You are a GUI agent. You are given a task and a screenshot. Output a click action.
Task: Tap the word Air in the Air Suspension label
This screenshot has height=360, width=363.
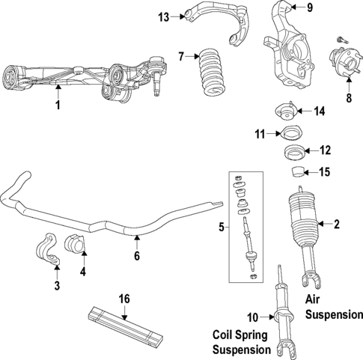[x=315, y=299]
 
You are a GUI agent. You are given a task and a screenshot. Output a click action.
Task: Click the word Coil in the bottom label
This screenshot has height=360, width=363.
[x=225, y=335]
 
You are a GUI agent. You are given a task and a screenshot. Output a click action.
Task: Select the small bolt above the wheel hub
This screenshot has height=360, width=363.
[x=342, y=37]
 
